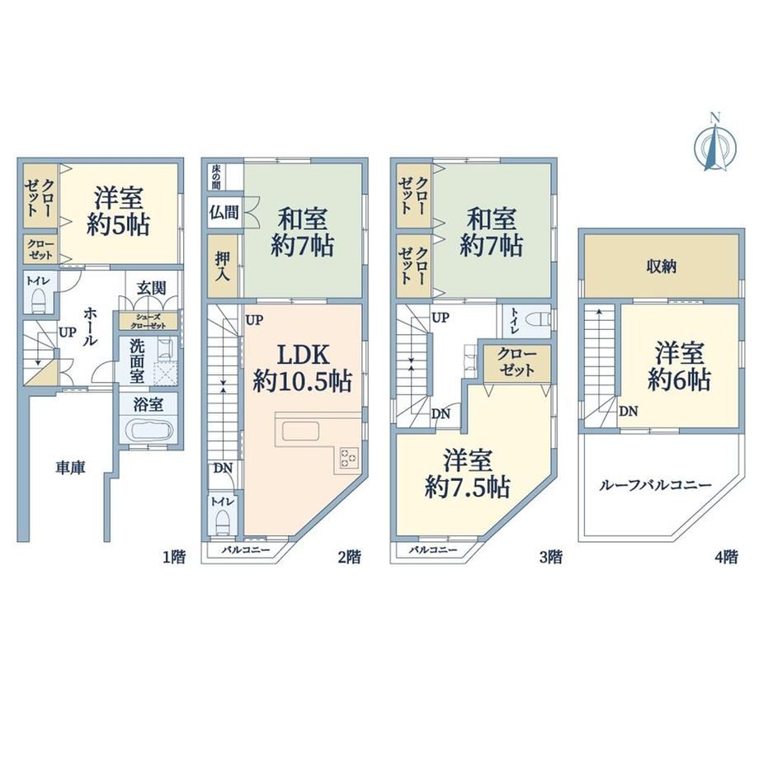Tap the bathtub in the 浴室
148,430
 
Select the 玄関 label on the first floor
151,288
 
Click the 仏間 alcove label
224,212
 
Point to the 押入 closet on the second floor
223,266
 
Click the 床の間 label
216,177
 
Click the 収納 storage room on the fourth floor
661,266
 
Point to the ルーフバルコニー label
655,484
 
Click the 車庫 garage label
71,468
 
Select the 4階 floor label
726,557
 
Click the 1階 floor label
173,557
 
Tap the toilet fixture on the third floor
540,319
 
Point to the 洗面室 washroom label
137,361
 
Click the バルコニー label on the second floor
246,550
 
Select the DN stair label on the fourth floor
629,412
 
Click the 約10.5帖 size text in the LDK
303,382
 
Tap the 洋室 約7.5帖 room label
467,474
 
